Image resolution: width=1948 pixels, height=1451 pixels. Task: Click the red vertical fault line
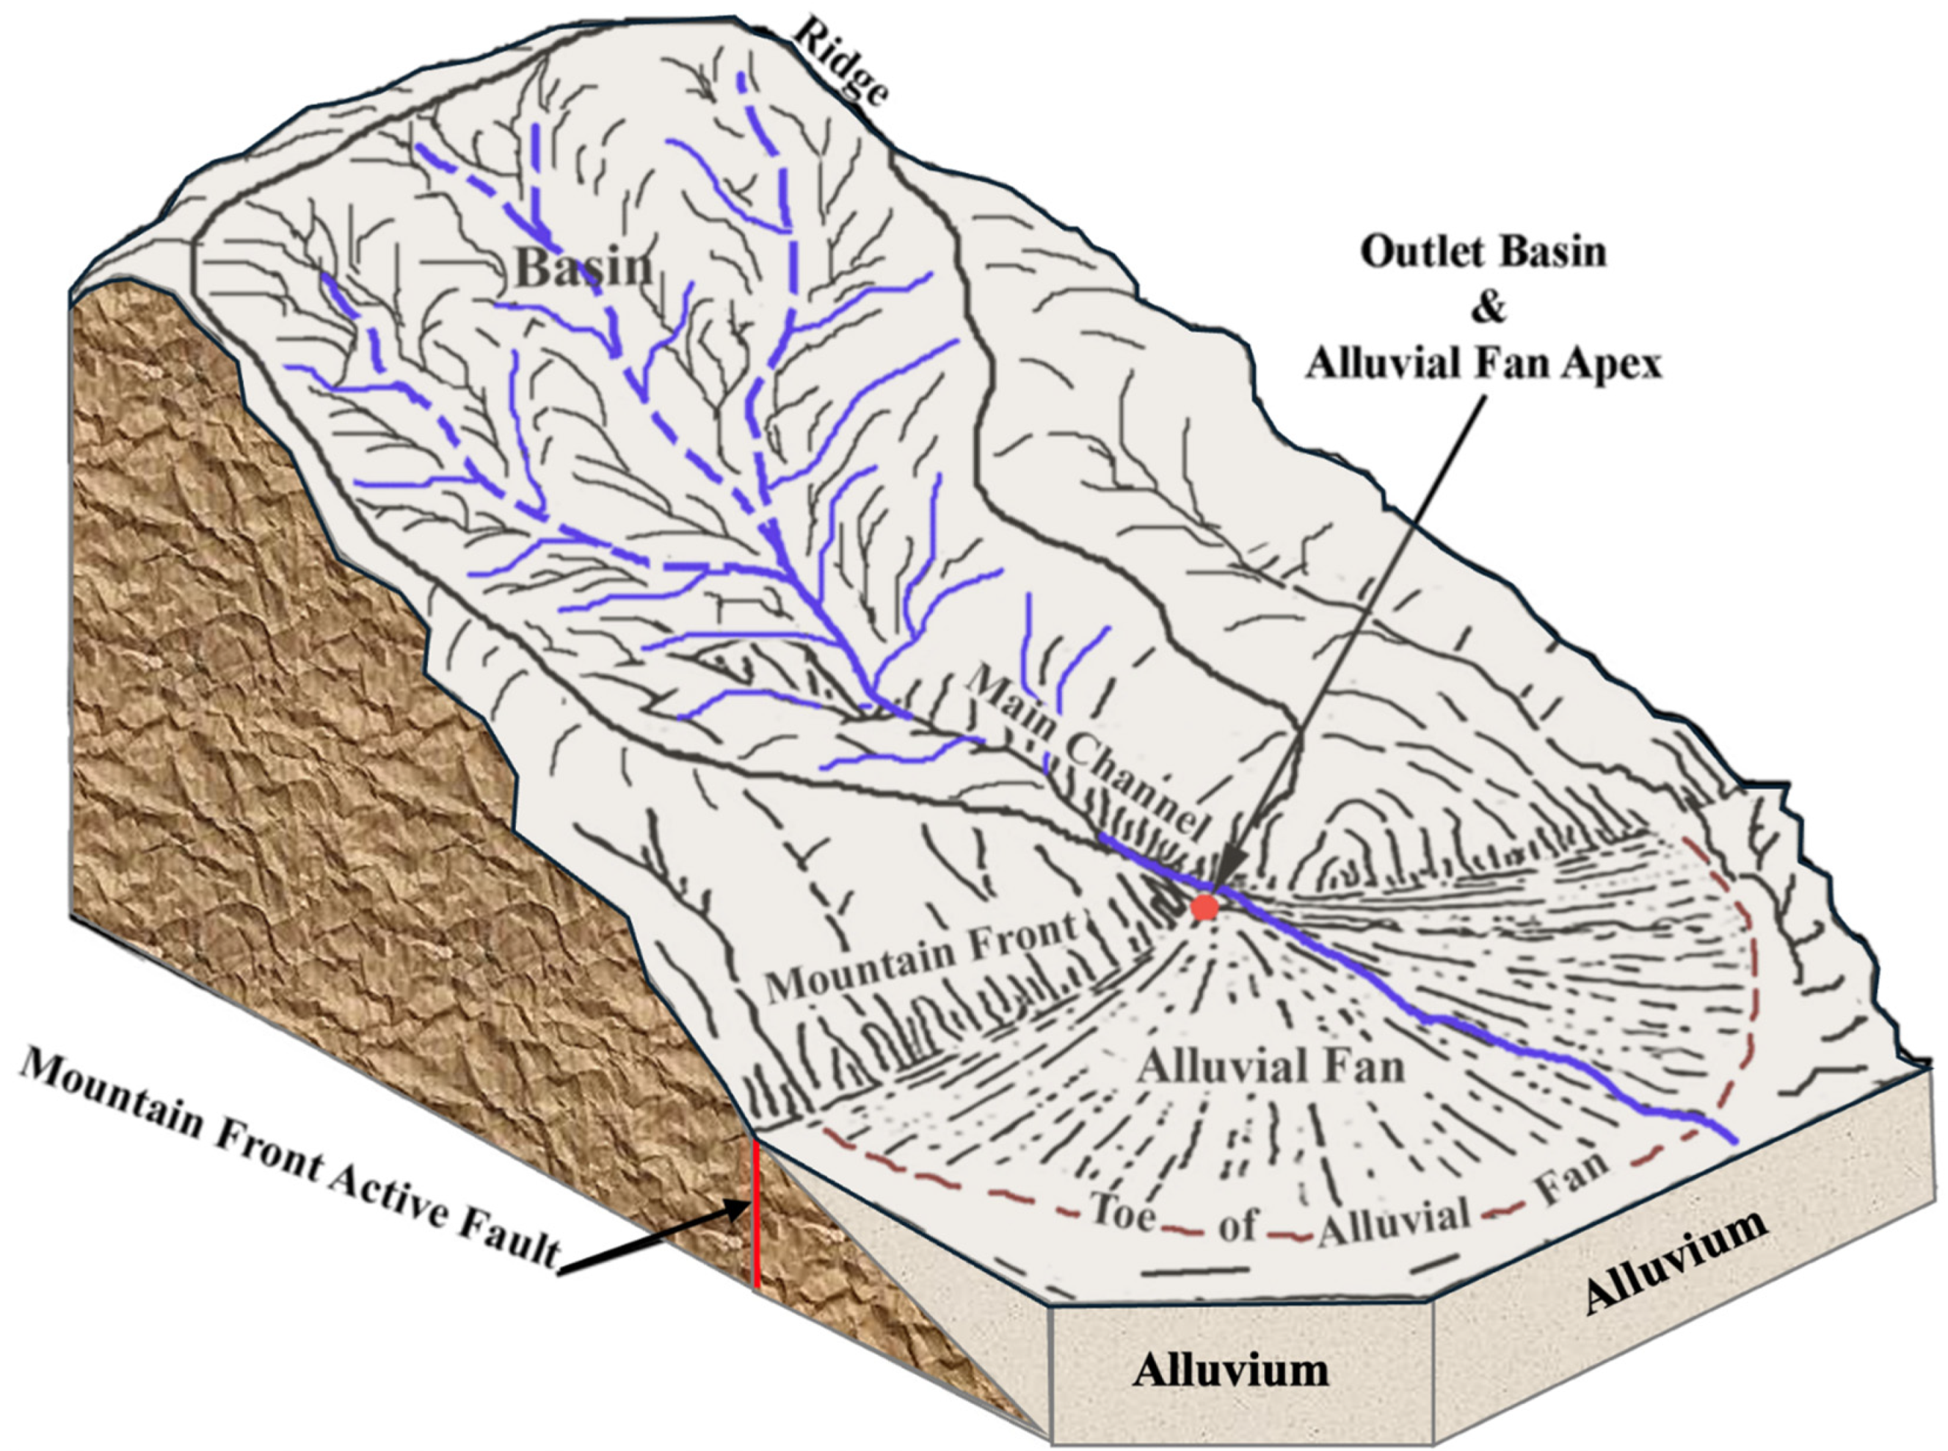755,1212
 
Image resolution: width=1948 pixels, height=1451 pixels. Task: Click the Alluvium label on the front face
1229,1370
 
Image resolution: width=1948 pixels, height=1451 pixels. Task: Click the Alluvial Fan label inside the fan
1271,1068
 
